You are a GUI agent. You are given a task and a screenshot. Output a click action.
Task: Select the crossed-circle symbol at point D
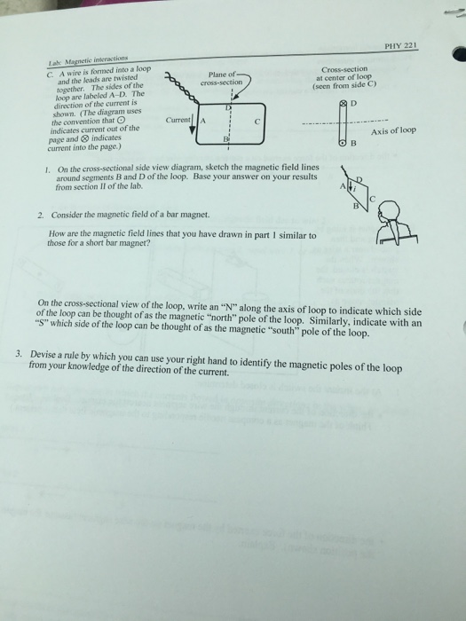pyautogui.click(x=343, y=105)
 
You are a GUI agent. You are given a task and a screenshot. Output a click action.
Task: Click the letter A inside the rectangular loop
pyautogui.click(x=203, y=121)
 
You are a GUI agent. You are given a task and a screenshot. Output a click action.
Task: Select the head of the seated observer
pyautogui.click(x=392, y=211)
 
